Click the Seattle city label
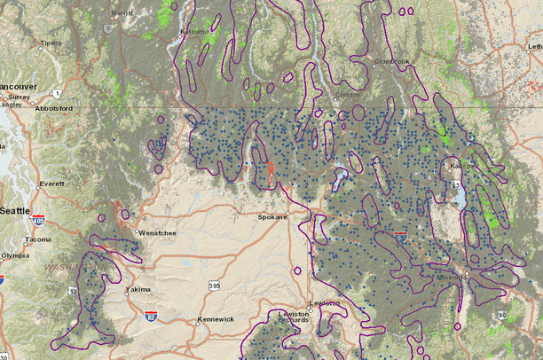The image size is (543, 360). [14, 210]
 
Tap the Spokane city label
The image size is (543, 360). [272, 216]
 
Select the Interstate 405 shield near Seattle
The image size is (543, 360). [37, 219]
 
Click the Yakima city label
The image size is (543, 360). [138, 289]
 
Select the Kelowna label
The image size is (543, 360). [193, 31]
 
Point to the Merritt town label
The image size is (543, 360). [122, 13]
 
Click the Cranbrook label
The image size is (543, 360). [392, 61]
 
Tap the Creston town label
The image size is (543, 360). [343, 93]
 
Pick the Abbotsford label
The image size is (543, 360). [53, 103]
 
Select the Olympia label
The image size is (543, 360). [15, 255]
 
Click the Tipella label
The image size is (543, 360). [51, 43]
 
